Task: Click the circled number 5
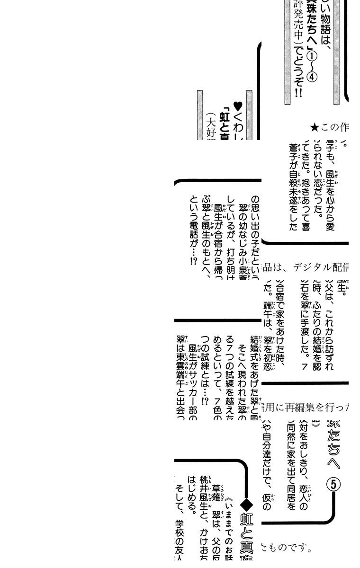[x=334, y=484]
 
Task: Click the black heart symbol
[x=238, y=106]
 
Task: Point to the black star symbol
[x=314, y=127]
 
